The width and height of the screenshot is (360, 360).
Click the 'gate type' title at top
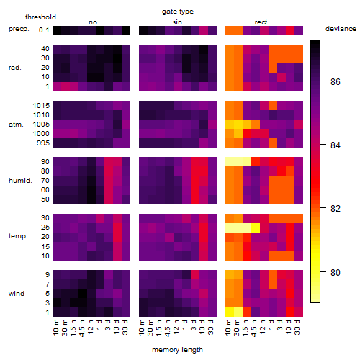[x=178, y=12]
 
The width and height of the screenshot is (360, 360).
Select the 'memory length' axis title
[x=177, y=350]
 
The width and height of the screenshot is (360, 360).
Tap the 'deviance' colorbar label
[x=341, y=29]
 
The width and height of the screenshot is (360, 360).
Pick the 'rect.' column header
[x=262, y=22]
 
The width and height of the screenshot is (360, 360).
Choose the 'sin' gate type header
[x=177, y=22]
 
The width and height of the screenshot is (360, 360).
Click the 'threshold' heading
[x=40, y=17]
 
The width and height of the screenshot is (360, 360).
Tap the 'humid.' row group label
[x=20, y=181]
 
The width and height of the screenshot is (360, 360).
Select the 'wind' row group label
[x=17, y=294]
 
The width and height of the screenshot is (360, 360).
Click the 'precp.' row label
[x=19, y=29]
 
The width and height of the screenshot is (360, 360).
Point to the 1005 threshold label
[x=41, y=125]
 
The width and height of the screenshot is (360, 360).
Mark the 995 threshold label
[x=43, y=143]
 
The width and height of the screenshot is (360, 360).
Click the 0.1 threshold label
[x=44, y=30]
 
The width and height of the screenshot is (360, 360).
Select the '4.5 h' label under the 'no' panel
[x=82, y=328]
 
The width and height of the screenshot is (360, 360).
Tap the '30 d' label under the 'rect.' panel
[x=297, y=328]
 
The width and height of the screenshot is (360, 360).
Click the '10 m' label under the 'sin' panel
[x=142, y=328]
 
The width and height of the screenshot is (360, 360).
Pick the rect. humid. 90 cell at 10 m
[x=230, y=162]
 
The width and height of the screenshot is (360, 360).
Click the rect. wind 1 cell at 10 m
[x=230, y=312]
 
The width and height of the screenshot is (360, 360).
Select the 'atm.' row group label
[x=16, y=125]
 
